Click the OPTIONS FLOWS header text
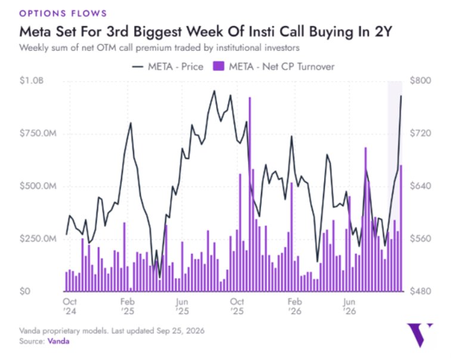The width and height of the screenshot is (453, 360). (x=63, y=13)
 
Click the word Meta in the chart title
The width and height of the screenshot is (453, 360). (x=36, y=32)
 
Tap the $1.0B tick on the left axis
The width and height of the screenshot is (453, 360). (x=32, y=80)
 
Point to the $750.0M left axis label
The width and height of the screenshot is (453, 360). (x=38, y=133)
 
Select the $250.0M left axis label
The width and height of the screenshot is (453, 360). (x=38, y=238)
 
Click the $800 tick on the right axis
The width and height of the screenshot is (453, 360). (x=420, y=80)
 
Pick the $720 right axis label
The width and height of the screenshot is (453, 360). (x=420, y=133)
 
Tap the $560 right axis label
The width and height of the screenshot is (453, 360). (x=420, y=238)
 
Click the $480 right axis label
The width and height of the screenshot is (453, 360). (x=420, y=291)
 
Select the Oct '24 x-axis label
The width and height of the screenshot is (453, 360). (x=70, y=306)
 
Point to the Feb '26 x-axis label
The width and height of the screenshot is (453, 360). (x=294, y=306)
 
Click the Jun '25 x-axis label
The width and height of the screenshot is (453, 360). (x=182, y=306)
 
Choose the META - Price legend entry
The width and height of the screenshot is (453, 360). (x=167, y=67)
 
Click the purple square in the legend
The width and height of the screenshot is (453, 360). (x=219, y=66)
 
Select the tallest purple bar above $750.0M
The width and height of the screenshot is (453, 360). (x=250, y=194)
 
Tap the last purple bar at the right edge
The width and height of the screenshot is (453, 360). (x=401, y=228)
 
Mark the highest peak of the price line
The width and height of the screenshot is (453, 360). (x=215, y=91)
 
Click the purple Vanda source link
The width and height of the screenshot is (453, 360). (x=58, y=341)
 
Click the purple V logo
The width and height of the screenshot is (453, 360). (x=420, y=335)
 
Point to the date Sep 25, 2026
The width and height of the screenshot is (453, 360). (x=181, y=331)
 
